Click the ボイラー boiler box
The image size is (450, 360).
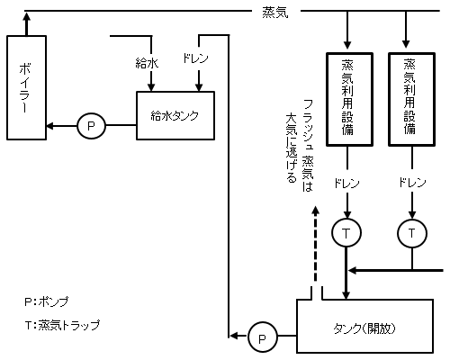tap(26, 86)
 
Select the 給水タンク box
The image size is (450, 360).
tap(174, 116)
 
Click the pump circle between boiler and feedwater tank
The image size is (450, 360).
tap(91, 125)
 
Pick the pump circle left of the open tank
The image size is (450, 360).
tap(262, 337)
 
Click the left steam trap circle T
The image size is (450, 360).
tap(346, 233)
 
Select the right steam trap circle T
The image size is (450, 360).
tap(411, 233)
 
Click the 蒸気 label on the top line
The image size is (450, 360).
tap(274, 12)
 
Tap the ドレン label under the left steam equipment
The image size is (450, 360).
tap(346, 183)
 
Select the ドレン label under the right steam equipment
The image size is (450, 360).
tap(411, 183)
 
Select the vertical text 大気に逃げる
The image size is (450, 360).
tap(290, 148)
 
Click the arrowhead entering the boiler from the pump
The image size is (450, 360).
tap(51, 125)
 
